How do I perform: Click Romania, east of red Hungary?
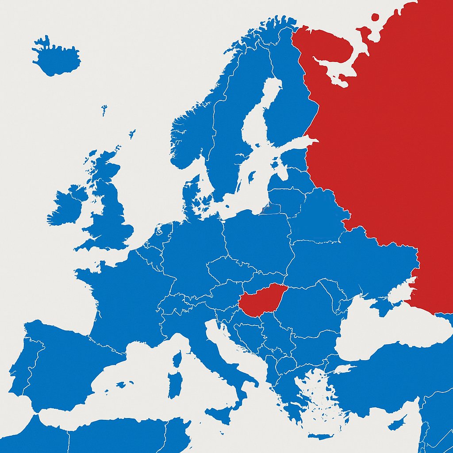pyautogui.click(x=310, y=305)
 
